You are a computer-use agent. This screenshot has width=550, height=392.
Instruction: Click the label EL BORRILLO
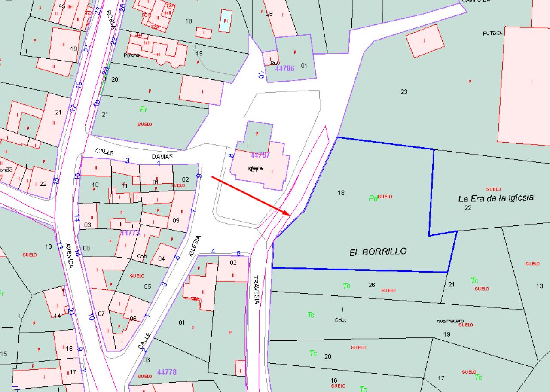[x=378, y=252]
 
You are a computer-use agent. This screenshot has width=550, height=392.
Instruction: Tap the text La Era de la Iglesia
[x=496, y=198]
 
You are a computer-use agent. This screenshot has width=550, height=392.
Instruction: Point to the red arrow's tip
[x=291, y=213]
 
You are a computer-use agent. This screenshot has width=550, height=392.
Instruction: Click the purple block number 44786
[x=284, y=68]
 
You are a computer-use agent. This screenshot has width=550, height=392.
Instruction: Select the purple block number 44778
[x=167, y=372]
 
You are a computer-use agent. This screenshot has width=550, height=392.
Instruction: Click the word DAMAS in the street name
[x=162, y=157]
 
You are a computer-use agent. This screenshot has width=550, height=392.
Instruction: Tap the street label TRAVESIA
[x=256, y=290]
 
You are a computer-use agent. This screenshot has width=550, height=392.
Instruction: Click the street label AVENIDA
[x=69, y=256]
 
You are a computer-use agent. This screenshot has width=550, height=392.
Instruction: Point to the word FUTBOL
[x=492, y=33]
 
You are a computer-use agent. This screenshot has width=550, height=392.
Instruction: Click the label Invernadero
[x=449, y=321]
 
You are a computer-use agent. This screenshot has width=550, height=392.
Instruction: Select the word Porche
[x=131, y=55]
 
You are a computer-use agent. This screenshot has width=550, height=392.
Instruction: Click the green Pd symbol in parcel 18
[x=373, y=198]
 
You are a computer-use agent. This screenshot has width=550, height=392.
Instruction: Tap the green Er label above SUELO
[x=144, y=109]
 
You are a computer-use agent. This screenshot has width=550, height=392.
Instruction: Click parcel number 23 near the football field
[x=404, y=91]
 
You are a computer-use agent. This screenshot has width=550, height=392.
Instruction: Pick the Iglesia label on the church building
[x=255, y=168]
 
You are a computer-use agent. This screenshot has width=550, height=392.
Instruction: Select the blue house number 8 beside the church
[x=231, y=156]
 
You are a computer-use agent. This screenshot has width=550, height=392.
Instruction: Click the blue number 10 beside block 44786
[x=261, y=75]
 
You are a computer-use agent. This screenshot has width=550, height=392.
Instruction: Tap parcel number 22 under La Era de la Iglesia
[x=468, y=208]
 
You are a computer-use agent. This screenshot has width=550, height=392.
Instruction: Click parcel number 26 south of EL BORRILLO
[x=372, y=285]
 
